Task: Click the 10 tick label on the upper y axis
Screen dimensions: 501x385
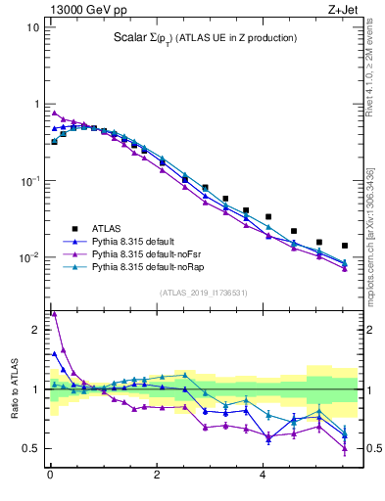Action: [x=32, y=27]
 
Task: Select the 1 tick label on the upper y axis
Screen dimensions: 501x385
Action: [x=35, y=104]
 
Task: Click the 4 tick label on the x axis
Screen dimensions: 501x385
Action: [x=263, y=477]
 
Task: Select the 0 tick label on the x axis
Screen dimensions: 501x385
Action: [x=50, y=477]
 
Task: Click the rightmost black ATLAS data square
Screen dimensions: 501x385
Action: [x=345, y=246]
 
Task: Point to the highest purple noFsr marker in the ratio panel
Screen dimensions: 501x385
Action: [x=54, y=314]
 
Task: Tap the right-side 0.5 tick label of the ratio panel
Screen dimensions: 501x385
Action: [x=372, y=449]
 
